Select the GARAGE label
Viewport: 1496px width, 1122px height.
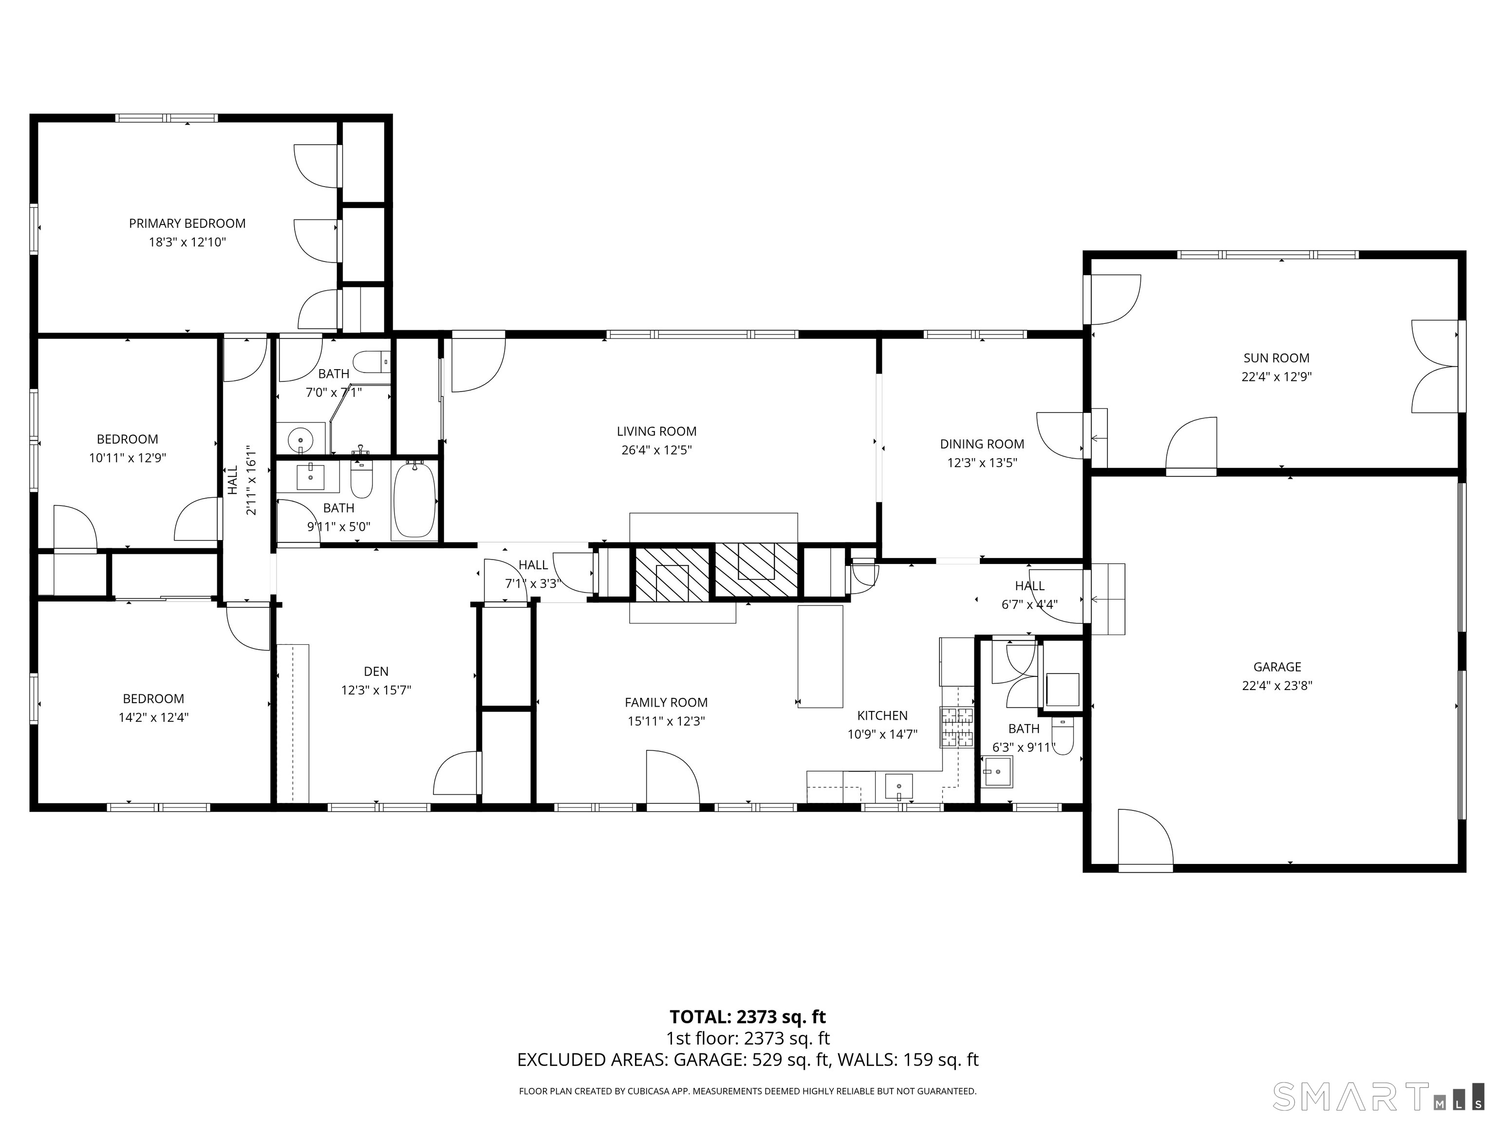(1276, 666)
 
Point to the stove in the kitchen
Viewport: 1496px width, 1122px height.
(956, 727)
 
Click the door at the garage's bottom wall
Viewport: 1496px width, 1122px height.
(1144, 839)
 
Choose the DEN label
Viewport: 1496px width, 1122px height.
(376, 671)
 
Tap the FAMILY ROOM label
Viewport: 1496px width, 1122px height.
(666, 702)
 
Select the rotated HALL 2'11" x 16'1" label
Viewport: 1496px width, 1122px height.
(242, 480)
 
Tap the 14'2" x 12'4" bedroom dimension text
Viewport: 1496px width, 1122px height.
(153, 718)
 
